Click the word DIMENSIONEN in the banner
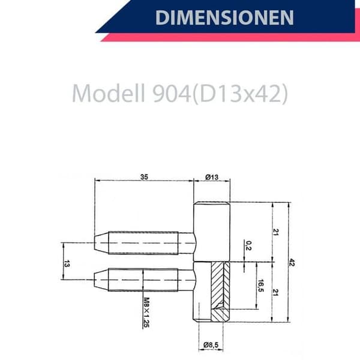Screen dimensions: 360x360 (224, 17)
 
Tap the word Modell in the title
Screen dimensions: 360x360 (109, 94)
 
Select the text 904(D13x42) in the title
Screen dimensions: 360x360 (220, 94)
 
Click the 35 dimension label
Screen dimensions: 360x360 (144, 177)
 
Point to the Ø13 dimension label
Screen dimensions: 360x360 (212, 177)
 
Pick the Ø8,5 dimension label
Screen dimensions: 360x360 (211, 344)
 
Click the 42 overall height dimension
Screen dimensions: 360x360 (292, 262)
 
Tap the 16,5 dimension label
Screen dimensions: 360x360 (261, 286)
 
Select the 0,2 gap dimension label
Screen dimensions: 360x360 (248, 245)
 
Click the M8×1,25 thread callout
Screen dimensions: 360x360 (146, 312)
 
